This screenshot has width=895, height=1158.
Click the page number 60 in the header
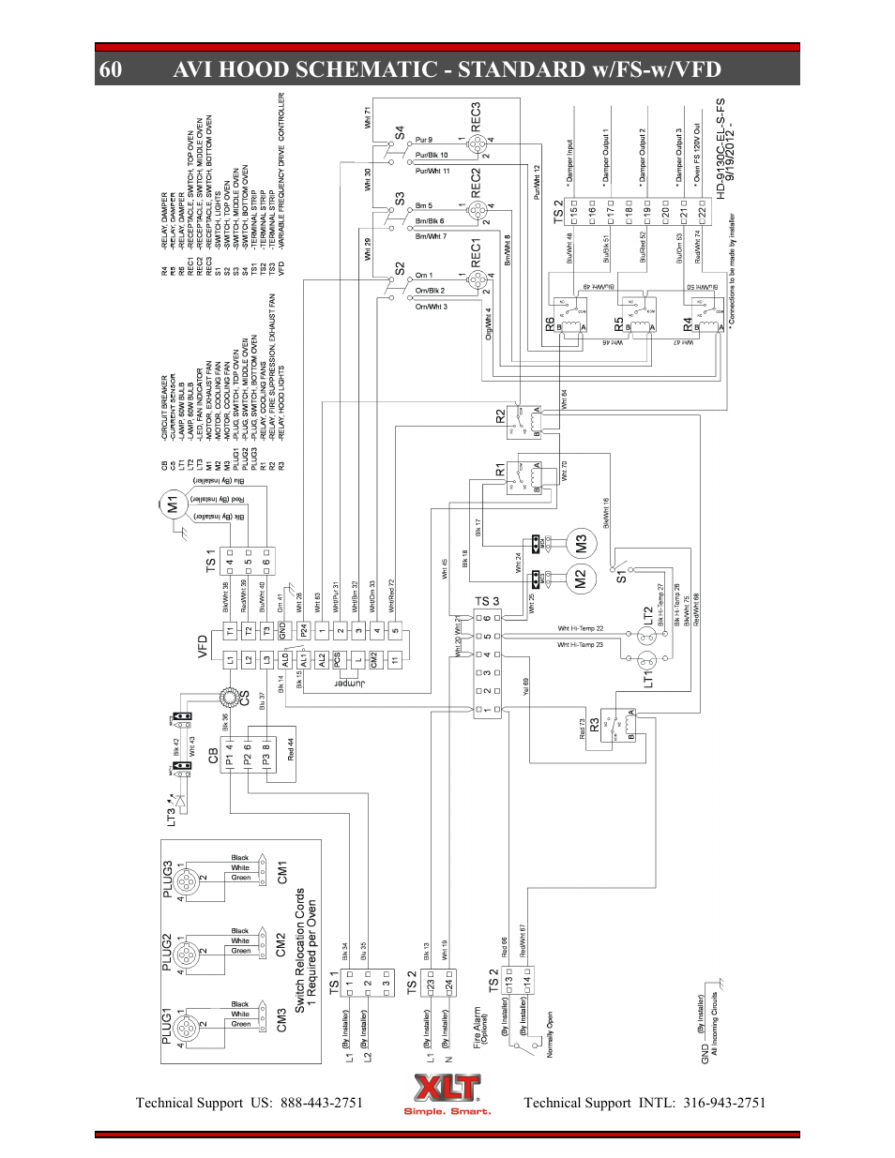pyautogui.click(x=110, y=69)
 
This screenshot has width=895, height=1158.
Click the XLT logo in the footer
pyautogui.click(x=447, y=1093)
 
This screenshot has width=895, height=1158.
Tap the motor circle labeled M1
pyautogui.click(x=172, y=504)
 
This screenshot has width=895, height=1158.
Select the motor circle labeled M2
pyautogui.click(x=580, y=579)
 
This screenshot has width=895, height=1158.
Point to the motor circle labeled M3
pyautogui.click(x=581, y=543)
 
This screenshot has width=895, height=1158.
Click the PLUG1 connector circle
pyautogui.click(x=187, y=1027)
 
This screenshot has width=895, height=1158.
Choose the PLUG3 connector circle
pyautogui.click(x=187, y=880)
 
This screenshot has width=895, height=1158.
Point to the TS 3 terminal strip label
pyautogui.click(x=487, y=601)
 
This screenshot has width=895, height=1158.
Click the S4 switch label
pyautogui.click(x=400, y=132)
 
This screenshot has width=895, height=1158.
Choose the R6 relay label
pyautogui.click(x=551, y=323)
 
